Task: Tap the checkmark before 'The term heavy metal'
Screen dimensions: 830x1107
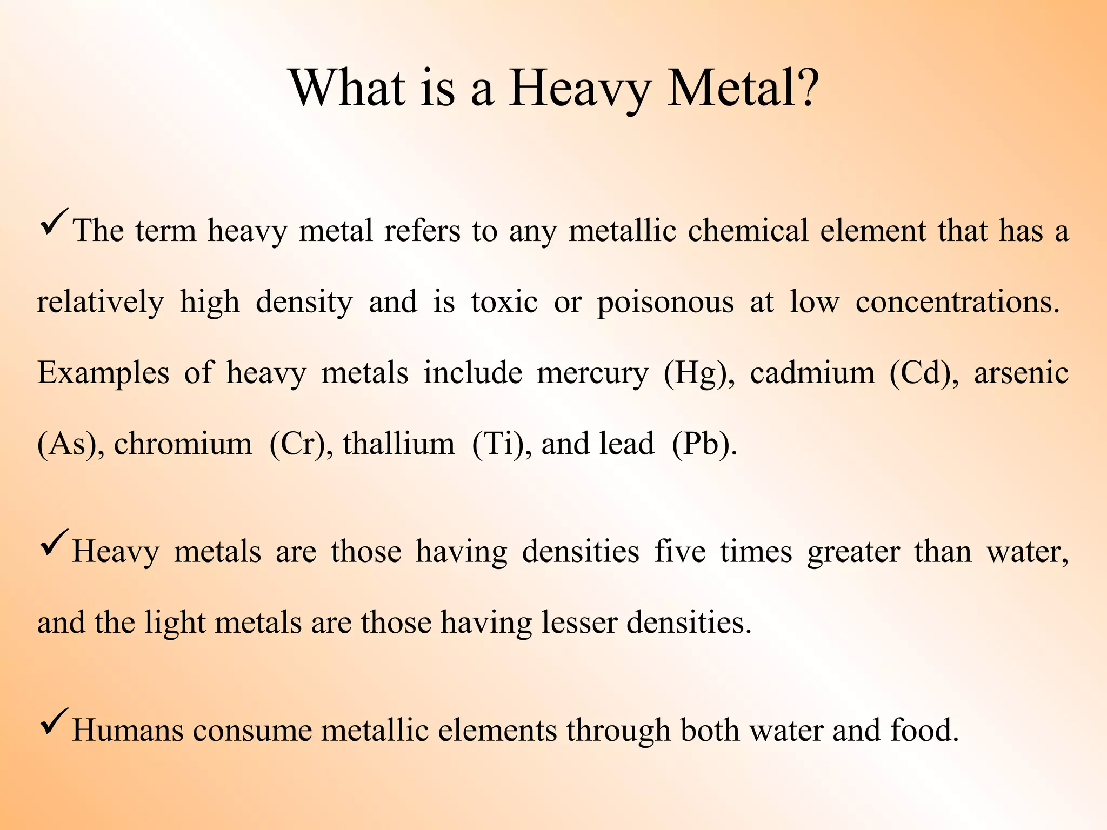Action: tap(54, 222)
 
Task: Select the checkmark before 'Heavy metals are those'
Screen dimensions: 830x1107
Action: tap(54, 543)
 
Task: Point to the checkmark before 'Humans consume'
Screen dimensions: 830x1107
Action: tap(54, 721)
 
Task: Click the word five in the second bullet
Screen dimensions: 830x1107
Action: tap(679, 552)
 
